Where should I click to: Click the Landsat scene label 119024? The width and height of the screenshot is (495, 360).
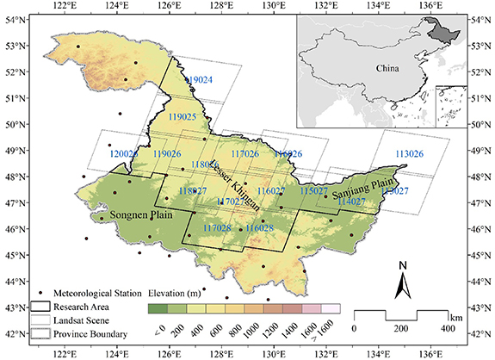(x=199, y=79)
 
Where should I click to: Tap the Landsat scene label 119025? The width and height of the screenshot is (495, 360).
(x=183, y=115)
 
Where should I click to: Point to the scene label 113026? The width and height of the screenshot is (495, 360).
(x=409, y=153)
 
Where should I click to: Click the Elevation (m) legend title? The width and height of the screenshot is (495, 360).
(x=179, y=291)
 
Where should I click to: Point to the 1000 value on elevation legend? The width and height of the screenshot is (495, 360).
(x=250, y=328)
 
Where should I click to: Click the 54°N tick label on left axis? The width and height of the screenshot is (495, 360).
(x=14, y=18)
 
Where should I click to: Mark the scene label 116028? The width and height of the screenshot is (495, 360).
(x=259, y=228)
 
